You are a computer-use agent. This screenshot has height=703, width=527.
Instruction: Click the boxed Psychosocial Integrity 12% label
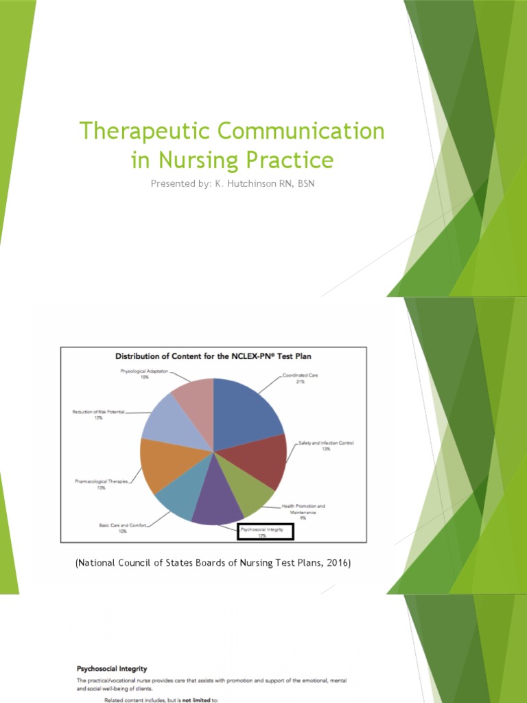pyautogui.click(x=265, y=531)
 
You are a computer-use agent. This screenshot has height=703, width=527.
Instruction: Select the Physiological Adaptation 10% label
pyautogui.click(x=144, y=374)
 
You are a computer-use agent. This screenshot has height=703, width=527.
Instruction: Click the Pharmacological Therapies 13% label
pyautogui.click(x=101, y=484)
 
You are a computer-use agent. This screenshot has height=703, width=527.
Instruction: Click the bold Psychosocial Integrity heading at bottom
pyautogui.click(x=111, y=667)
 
